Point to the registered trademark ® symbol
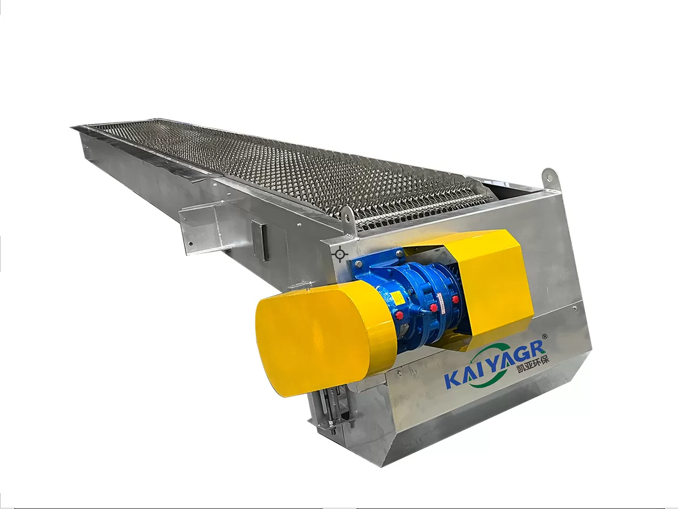(545, 335)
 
